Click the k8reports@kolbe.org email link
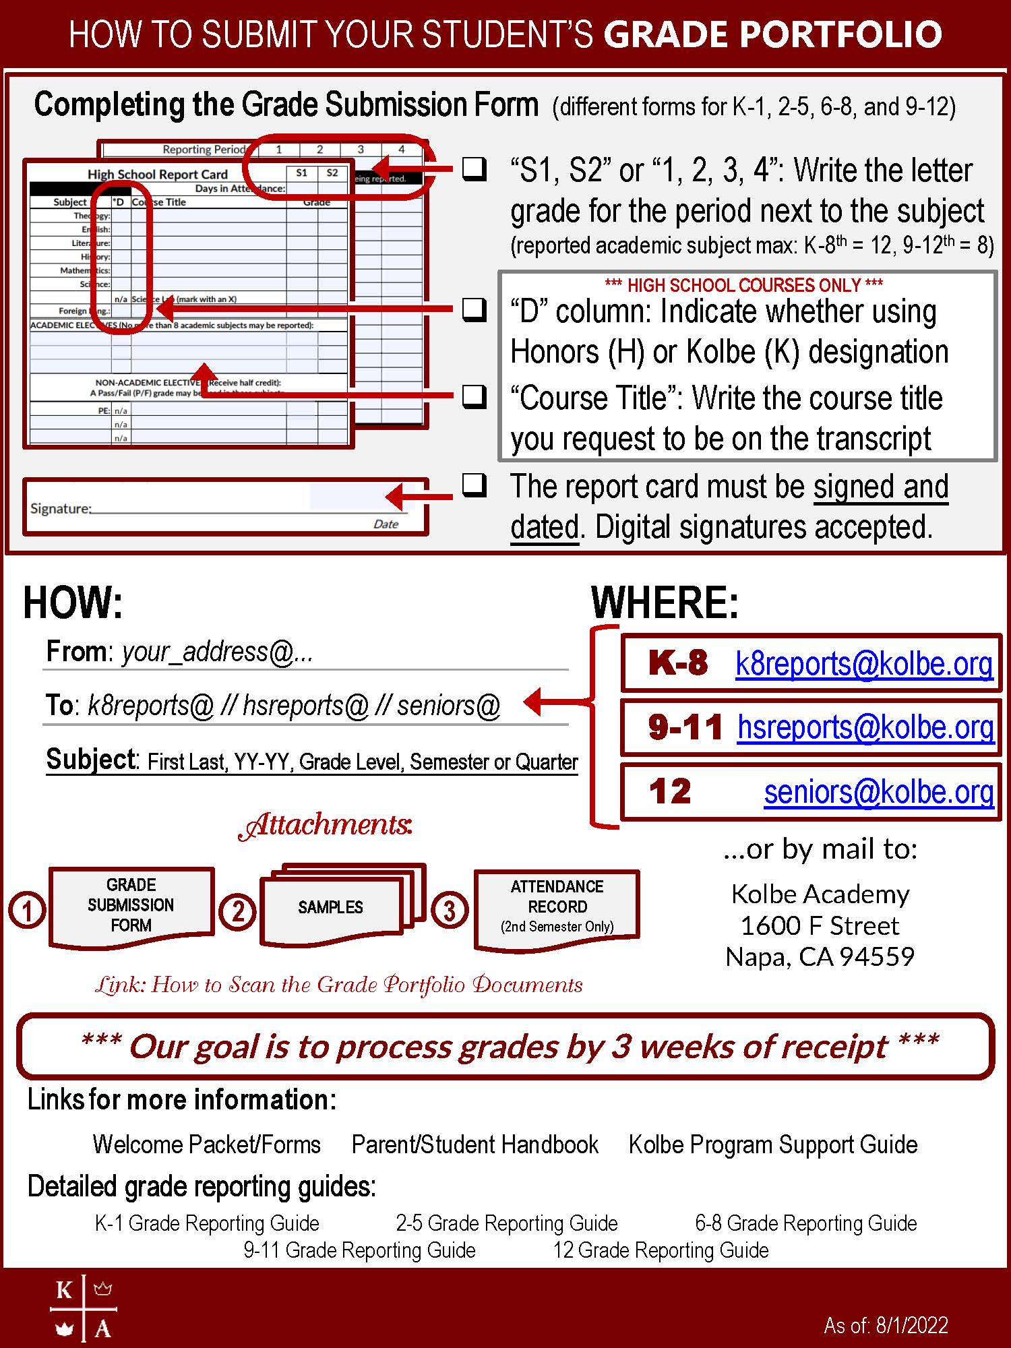[863, 665]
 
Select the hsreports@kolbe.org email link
[865, 728]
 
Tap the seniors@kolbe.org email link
[878, 792]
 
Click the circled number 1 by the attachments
[27, 911]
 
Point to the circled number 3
[449, 911]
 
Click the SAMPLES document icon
[331, 907]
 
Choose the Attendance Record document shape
[557, 907]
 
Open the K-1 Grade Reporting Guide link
[207, 1223]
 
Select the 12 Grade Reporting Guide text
[661, 1250]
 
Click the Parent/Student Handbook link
[474, 1144]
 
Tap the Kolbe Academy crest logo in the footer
[84, 1308]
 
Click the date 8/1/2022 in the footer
[911, 1325]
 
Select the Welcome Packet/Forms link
[206, 1144]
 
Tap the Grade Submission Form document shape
[131, 905]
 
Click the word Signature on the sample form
[60, 508]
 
